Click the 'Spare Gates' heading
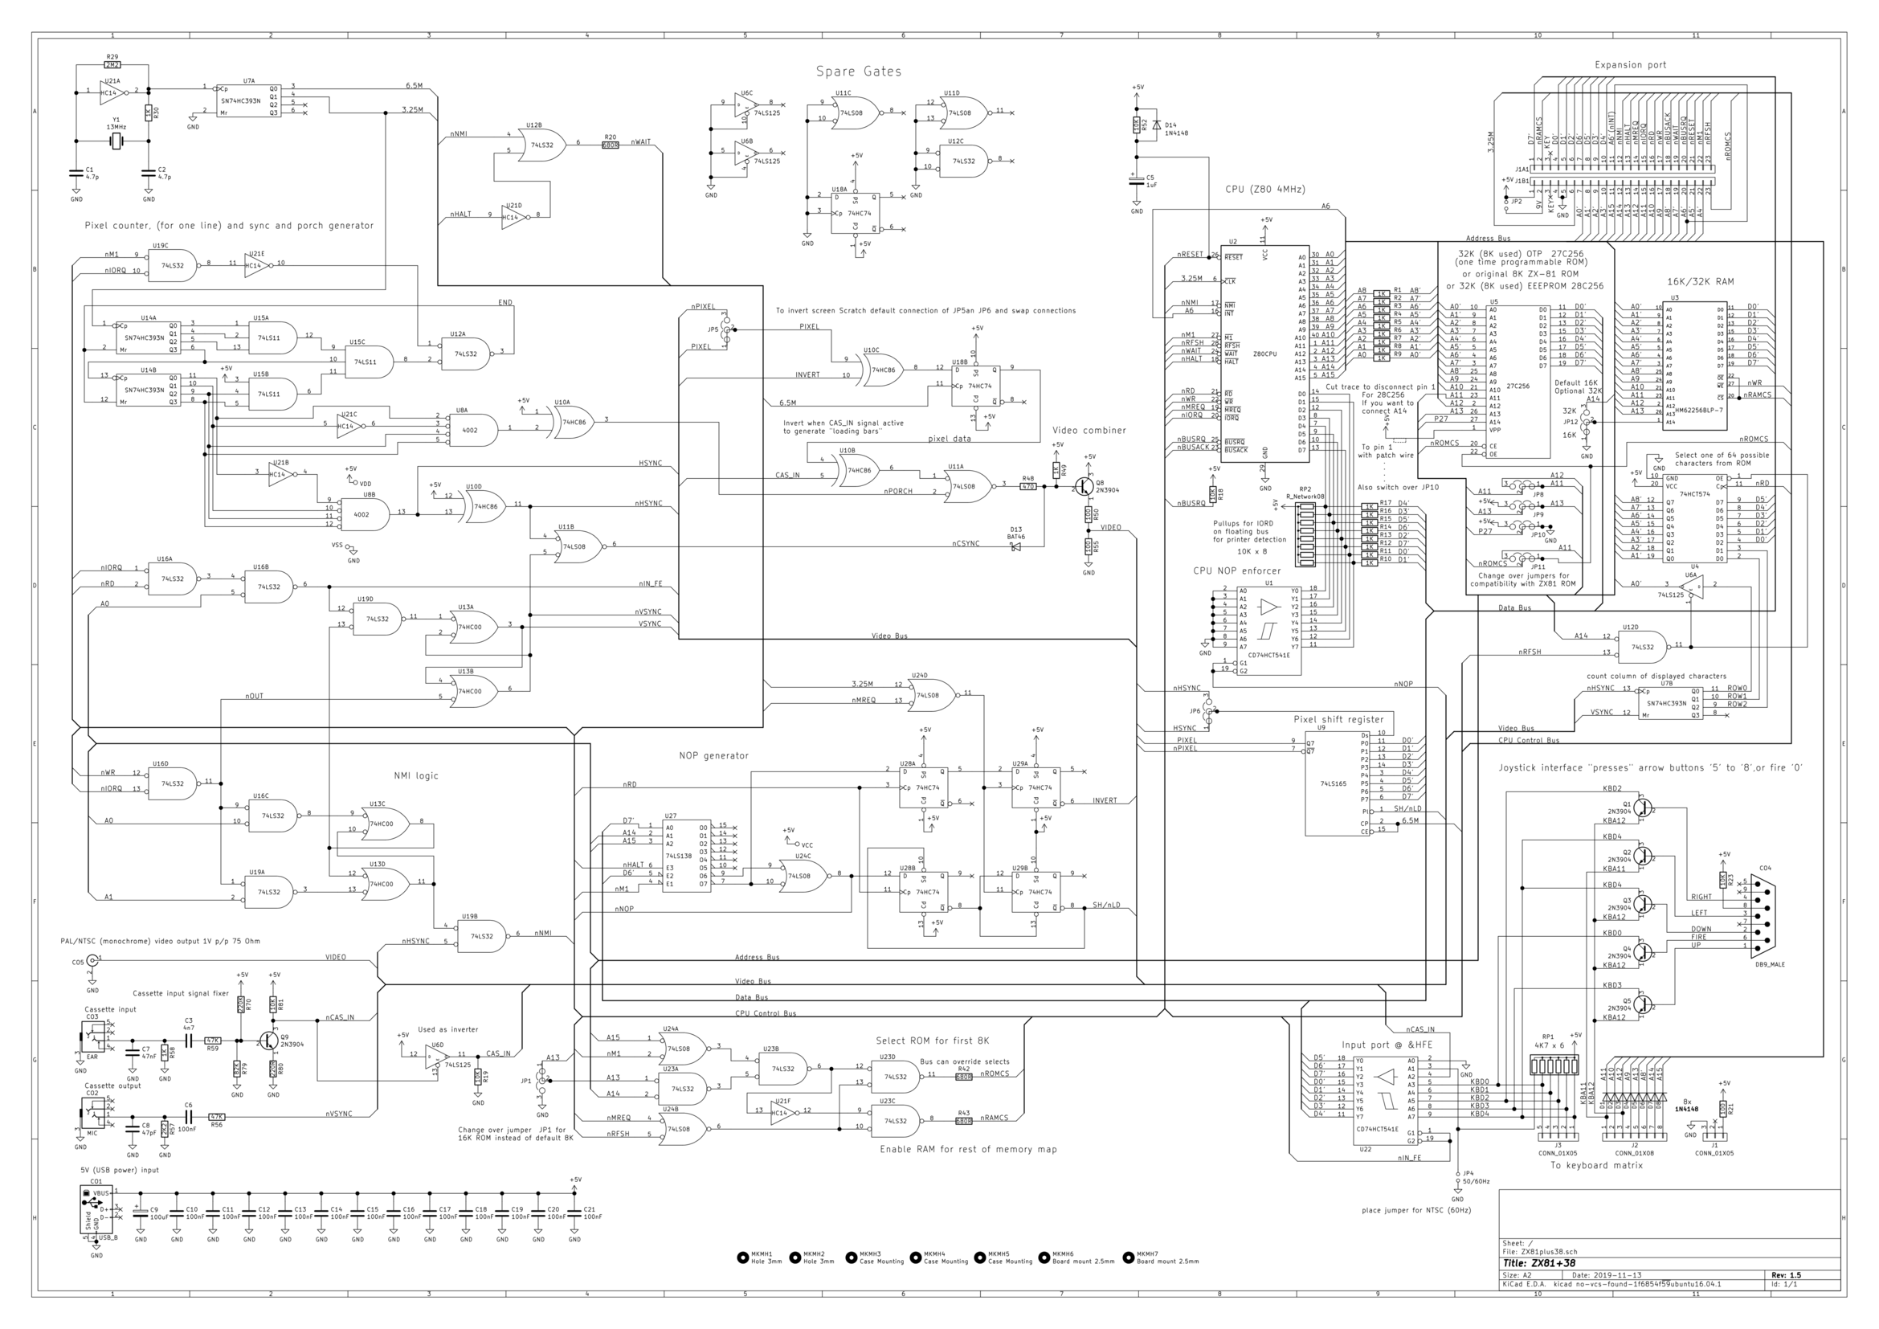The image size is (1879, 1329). click(858, 72)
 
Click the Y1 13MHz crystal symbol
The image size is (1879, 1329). click(116, 142)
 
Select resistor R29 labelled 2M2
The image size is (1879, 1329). click(112, 63)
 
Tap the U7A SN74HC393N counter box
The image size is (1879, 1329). click(249, 99)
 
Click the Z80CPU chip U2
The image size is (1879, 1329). click(1264, 354)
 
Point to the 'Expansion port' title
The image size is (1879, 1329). click(1629, 64)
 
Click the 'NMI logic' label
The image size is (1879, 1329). click(416, 775)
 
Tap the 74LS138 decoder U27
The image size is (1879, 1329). click(686, 855)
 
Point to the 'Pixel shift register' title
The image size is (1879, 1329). click(1338, 719)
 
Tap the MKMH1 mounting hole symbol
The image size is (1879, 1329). click(742, 1257)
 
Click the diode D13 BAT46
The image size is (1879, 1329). click(1016, 546)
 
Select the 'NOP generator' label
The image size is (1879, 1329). click(713, 755)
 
